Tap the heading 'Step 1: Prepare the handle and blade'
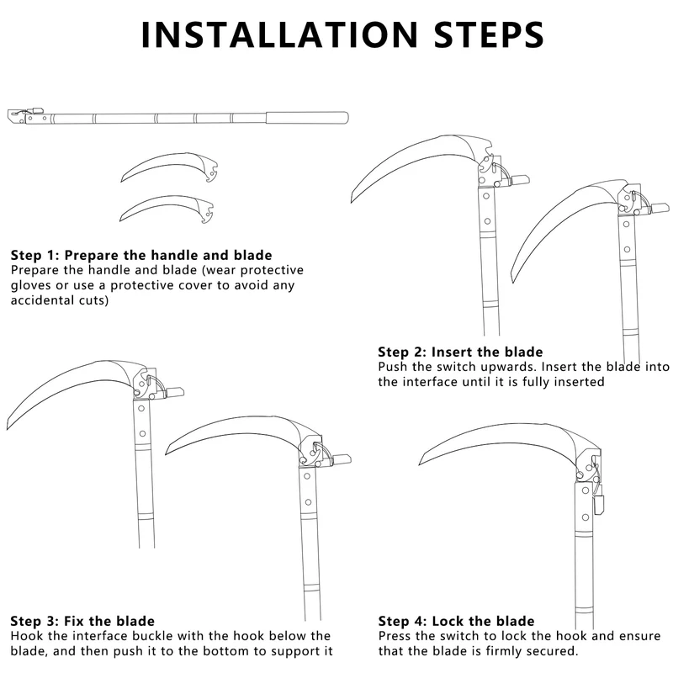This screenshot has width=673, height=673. pyautogui.click(x=141, y=254)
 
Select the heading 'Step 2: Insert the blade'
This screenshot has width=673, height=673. pyautogui.click(x=460, y=352)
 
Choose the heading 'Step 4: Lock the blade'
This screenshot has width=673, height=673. pyautogui.click(x=456, y=621)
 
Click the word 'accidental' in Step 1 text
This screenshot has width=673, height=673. pyautogui.click(x=45, y=300)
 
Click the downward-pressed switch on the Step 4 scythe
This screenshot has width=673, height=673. pyautogui.click(x=600, y=503)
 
